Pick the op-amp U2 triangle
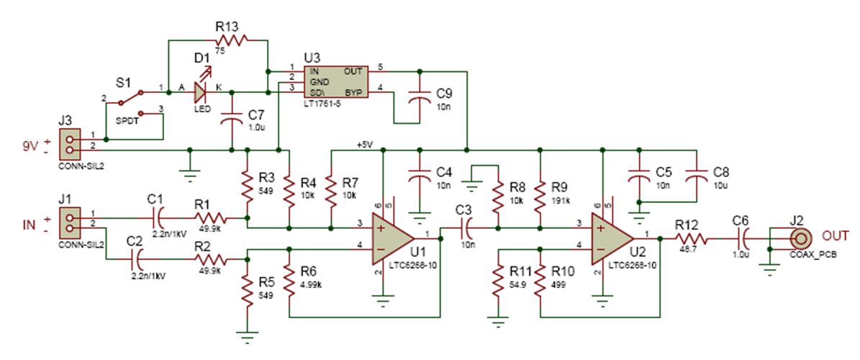[610, 238]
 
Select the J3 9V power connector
[70, 142]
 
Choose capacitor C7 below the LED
[232, 121]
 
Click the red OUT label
[834, 235]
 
